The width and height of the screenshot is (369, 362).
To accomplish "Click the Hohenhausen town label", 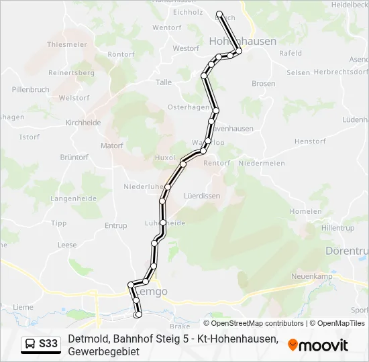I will [x=233, y=41].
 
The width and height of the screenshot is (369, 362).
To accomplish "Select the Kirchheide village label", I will [x=83, y=123].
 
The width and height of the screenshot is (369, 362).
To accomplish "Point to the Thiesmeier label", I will [x=67, y=44].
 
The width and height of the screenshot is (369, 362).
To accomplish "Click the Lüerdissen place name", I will [x=202, y=196].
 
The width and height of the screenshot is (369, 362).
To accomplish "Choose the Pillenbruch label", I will [x=30, y=88].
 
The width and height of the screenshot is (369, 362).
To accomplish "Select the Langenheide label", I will [x=74, y=198].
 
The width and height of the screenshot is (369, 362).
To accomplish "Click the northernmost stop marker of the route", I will [x=219, y=13].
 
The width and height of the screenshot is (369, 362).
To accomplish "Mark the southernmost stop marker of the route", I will [x=138, y=314].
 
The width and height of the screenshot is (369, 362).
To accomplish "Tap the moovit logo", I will [x=318, y=345].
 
